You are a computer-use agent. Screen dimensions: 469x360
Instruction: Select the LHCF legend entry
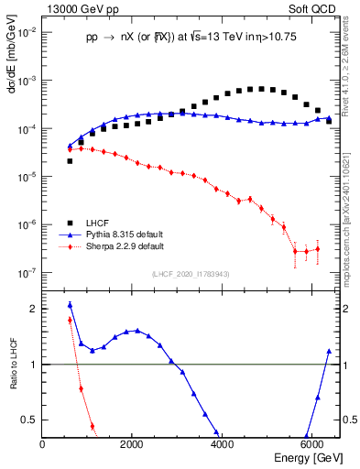pyautogui.click(x=95, y=223)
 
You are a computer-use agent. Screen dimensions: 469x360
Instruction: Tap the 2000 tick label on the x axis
pyautogui.click(x=132, y=444)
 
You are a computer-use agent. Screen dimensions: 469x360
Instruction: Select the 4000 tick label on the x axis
pyautogui.click(x=222, y=444)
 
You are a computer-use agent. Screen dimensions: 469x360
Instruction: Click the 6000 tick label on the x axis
pyautogui.click(x=311, y=444)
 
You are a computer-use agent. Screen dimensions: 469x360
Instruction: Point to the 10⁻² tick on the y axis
pyautogui.click(x=28, y=33)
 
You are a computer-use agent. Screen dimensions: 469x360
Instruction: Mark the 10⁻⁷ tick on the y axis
pyautogui.click(x=28, y=272)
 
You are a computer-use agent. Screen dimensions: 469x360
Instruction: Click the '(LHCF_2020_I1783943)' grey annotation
pyautogui.click(x=191, y=275)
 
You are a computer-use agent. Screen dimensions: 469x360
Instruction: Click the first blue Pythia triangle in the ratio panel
pyautogui.click(x=70, y=305)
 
